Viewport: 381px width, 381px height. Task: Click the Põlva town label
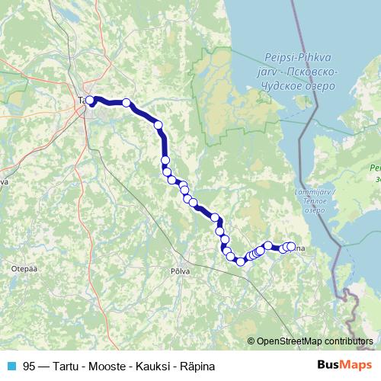pos(180,271)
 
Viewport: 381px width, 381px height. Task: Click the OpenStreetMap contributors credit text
pos(313,341)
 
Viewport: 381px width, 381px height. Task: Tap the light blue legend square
pos(11,366)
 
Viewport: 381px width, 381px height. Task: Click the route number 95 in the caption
pos(29,366)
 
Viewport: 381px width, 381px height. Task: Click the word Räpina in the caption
pos(196,366)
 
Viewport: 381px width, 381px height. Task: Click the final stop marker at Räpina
pos(290,246)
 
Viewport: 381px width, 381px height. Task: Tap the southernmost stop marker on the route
pos(240,261)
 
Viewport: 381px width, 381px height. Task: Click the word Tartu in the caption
pos(66,366)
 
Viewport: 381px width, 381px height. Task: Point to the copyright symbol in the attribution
pos(251,341)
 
